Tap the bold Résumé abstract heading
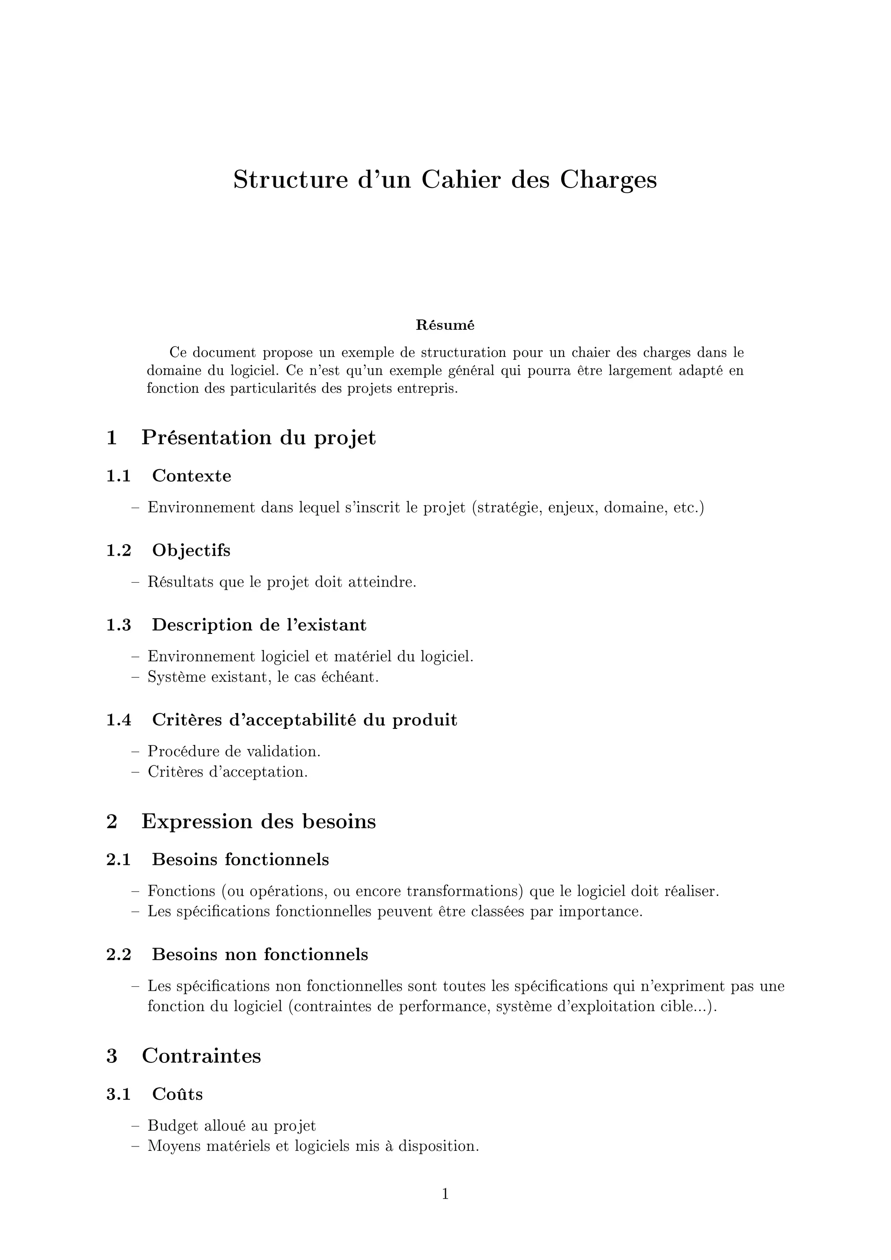tap(445, 325)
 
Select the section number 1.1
tap(118, 476)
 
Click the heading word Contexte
tap(191, 476)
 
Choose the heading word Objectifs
tap(191, 550)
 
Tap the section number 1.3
tap(118, 625)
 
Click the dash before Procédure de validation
tap(135, 751)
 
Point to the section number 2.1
tap(118, 859)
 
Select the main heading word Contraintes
tap(201, 1056)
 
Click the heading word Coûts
tap(177, 1094)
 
